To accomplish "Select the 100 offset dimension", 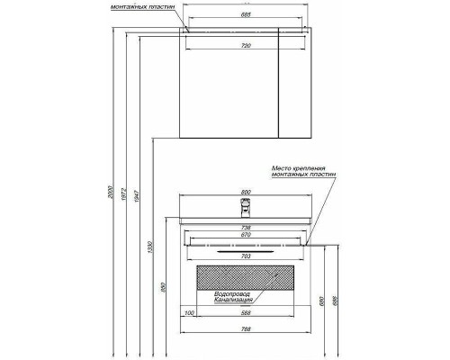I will click(189, 312).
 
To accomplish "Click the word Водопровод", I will click(229, 293).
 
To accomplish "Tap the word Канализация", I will click(230, 301).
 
